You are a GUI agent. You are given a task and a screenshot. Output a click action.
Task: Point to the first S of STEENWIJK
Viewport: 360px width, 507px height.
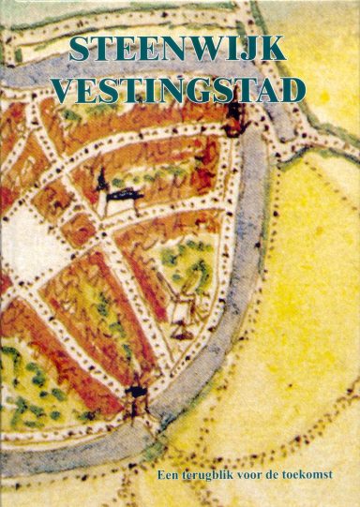point(80,51)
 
